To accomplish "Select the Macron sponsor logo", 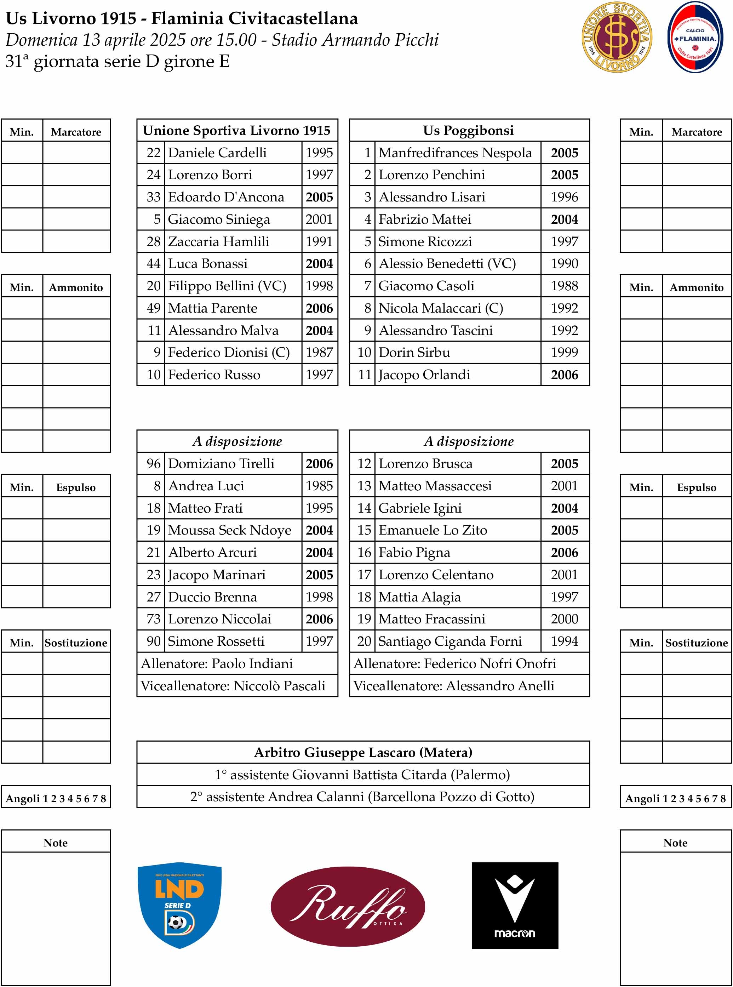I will [x=515, y=905].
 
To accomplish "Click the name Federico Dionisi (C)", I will [x=229, y=352].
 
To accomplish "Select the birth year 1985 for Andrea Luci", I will [x=319, y=485].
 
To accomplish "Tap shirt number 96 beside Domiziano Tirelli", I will [x=153, y=463].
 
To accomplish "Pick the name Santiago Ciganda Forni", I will [x=450, y=641].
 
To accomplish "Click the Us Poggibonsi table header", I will [x=469, y=130].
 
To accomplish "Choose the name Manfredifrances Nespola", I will [x=455, y=153].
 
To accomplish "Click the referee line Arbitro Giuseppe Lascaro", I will [x=363, y=752].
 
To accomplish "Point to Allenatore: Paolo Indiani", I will [x=217, y=663].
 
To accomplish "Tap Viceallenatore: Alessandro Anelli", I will [x=454, y=685].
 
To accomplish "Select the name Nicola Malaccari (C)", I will [x=441, y=308].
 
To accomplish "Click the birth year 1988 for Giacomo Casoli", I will [x=565, y=286].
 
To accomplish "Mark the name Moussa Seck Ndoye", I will [x=229, y=530].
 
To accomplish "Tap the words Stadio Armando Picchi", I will [x=355, y=40].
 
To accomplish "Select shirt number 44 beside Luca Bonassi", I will [x=153, y=264].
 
